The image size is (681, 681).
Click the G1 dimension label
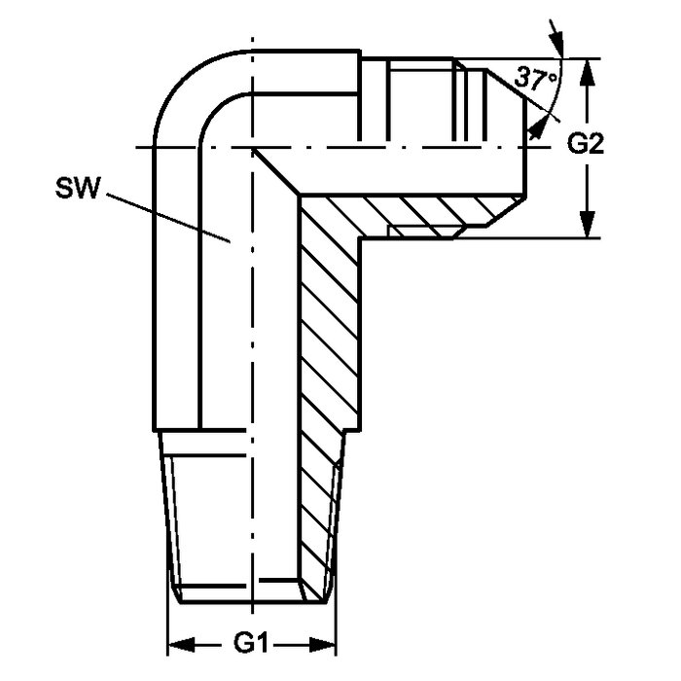point(250,644)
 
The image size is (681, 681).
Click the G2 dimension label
point(586,144)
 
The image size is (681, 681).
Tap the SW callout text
point(78,189)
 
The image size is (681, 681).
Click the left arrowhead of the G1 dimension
point(181,644)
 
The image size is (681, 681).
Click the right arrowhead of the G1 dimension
point(323,644)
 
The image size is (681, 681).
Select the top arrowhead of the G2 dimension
point(588,72)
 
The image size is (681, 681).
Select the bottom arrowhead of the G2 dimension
point(588,224)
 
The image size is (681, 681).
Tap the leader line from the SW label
point(168,218)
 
